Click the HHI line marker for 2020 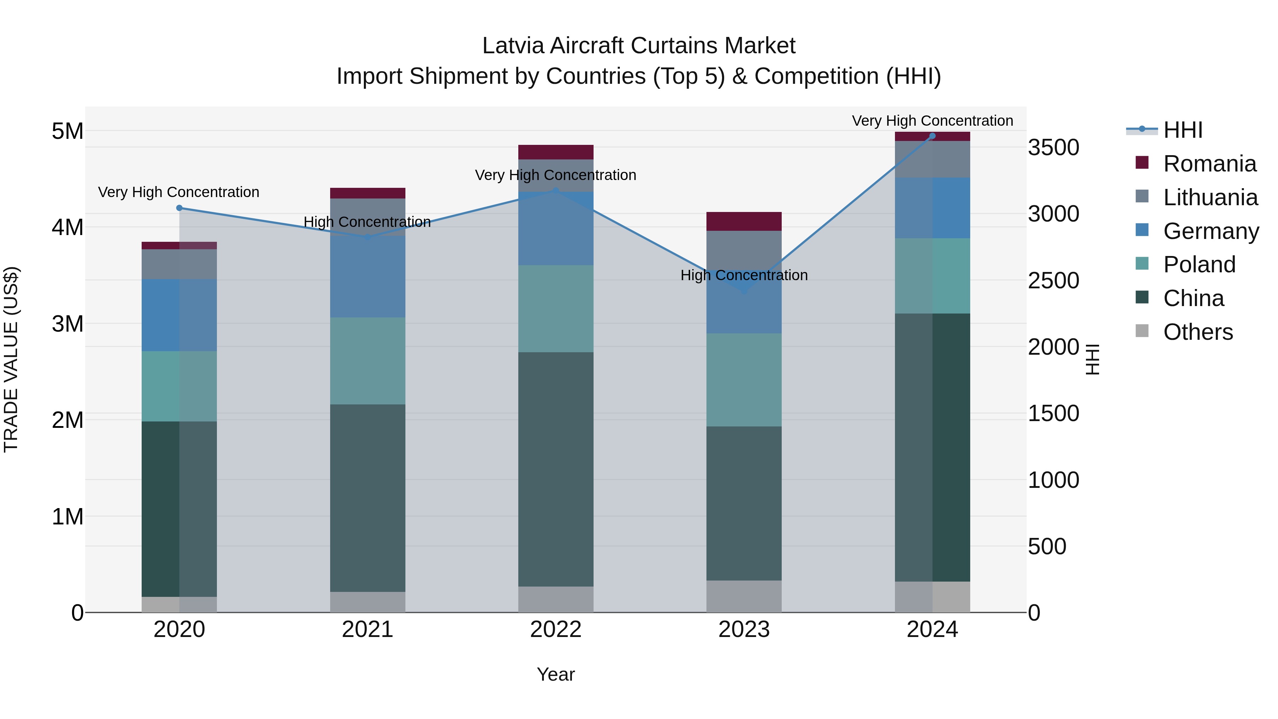point(179,208)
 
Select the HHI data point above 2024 point(932,136)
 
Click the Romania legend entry point(1209,163)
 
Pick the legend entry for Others point(1198,332)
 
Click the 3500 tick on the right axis point(1053,147)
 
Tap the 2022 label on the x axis point(556,630)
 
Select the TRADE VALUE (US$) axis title point(11,359)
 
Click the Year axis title point(556,674)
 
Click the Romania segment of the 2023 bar point(744,221)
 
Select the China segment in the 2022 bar point(556,469)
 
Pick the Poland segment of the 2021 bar point(368,361)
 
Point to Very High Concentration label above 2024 point(932,121)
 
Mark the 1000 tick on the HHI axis point(1053,480)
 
